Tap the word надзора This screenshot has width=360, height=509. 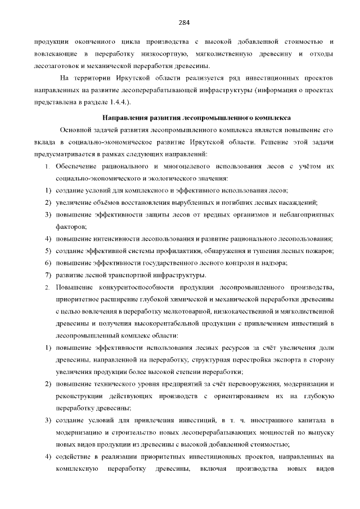(x=273, y=263)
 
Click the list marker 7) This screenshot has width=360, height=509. (x=48, y=275)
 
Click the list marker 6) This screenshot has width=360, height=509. (x=48, y=263)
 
